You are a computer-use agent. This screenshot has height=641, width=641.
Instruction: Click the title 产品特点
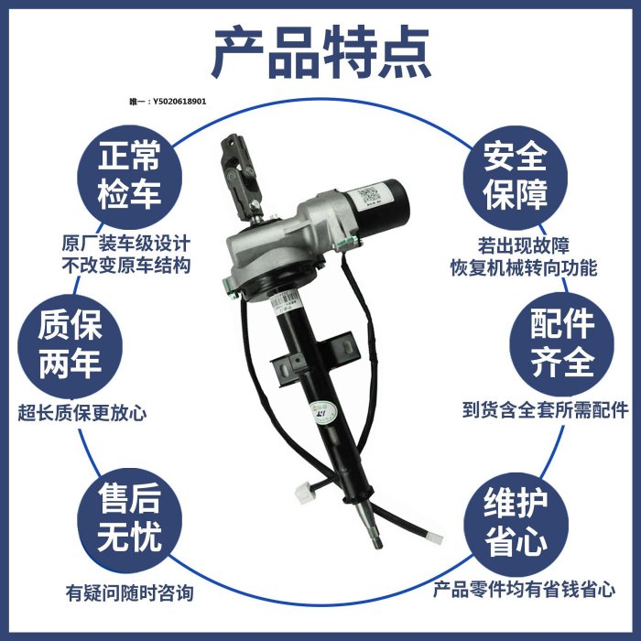point(320,52)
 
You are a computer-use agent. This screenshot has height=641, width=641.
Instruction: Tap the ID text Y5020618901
point(179,102)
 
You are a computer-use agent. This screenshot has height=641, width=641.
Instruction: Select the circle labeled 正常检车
point(130,176)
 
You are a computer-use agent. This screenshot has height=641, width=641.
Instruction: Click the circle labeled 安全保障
point(515,177)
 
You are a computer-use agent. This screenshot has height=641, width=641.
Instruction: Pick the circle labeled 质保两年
point(70,345)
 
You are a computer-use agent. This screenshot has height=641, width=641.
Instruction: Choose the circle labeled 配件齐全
point(561,343)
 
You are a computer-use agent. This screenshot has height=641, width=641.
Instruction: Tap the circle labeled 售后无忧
point(130,520)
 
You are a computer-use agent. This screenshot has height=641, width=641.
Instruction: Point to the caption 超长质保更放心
point(82,413)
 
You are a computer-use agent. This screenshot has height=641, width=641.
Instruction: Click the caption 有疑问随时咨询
point(130,593)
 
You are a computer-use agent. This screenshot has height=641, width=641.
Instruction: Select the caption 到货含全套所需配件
point(546,410)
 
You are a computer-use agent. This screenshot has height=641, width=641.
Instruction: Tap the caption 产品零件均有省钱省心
point(524,590)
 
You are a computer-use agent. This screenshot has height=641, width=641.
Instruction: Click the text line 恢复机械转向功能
point(524,267)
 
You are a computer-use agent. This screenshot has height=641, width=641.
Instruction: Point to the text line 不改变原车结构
point(126,266)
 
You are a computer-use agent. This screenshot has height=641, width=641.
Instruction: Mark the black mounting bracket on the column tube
point(314,356)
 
